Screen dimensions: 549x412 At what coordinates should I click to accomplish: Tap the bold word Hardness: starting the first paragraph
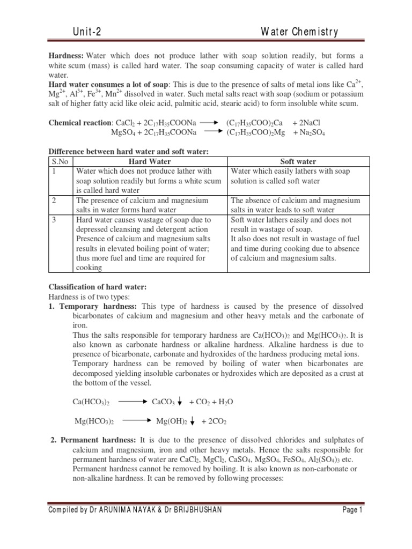point(67,56)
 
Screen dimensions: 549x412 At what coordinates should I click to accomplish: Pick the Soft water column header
point(299,161)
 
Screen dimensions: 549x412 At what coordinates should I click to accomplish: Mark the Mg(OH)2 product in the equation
point(171,421)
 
